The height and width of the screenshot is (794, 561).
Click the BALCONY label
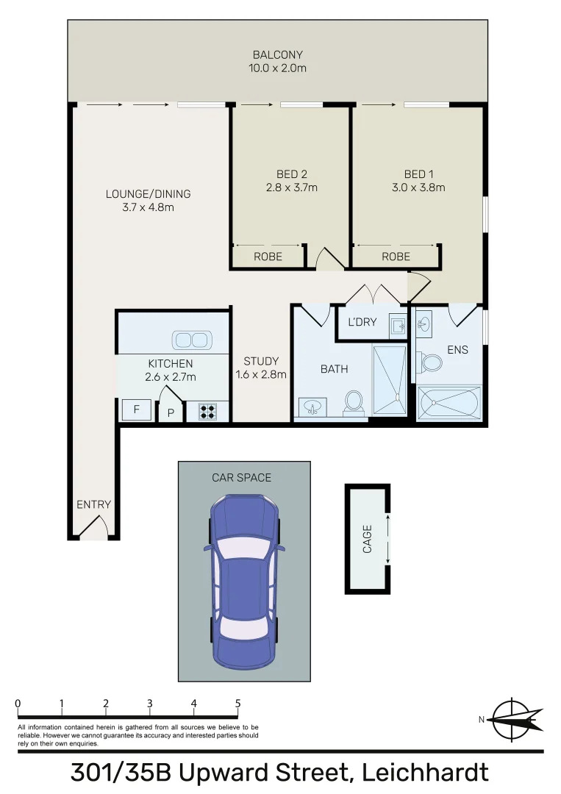coord(277,55)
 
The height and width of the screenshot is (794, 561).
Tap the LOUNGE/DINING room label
coord(148,194)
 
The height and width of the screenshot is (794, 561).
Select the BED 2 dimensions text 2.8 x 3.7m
coord(291,187)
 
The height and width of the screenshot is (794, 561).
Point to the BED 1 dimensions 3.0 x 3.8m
coord(418,187)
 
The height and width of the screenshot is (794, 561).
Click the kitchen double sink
coord(190,340)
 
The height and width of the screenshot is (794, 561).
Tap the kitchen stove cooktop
coord(208,411)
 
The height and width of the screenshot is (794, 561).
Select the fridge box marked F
coord(136,410)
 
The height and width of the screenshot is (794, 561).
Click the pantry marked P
coord(171,413)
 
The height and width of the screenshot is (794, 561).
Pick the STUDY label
coord(261,361)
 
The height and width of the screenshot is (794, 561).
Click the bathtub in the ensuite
coord(448,403)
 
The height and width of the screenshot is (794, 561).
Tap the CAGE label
coord(367,538)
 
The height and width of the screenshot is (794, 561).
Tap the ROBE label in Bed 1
coord(396,257)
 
